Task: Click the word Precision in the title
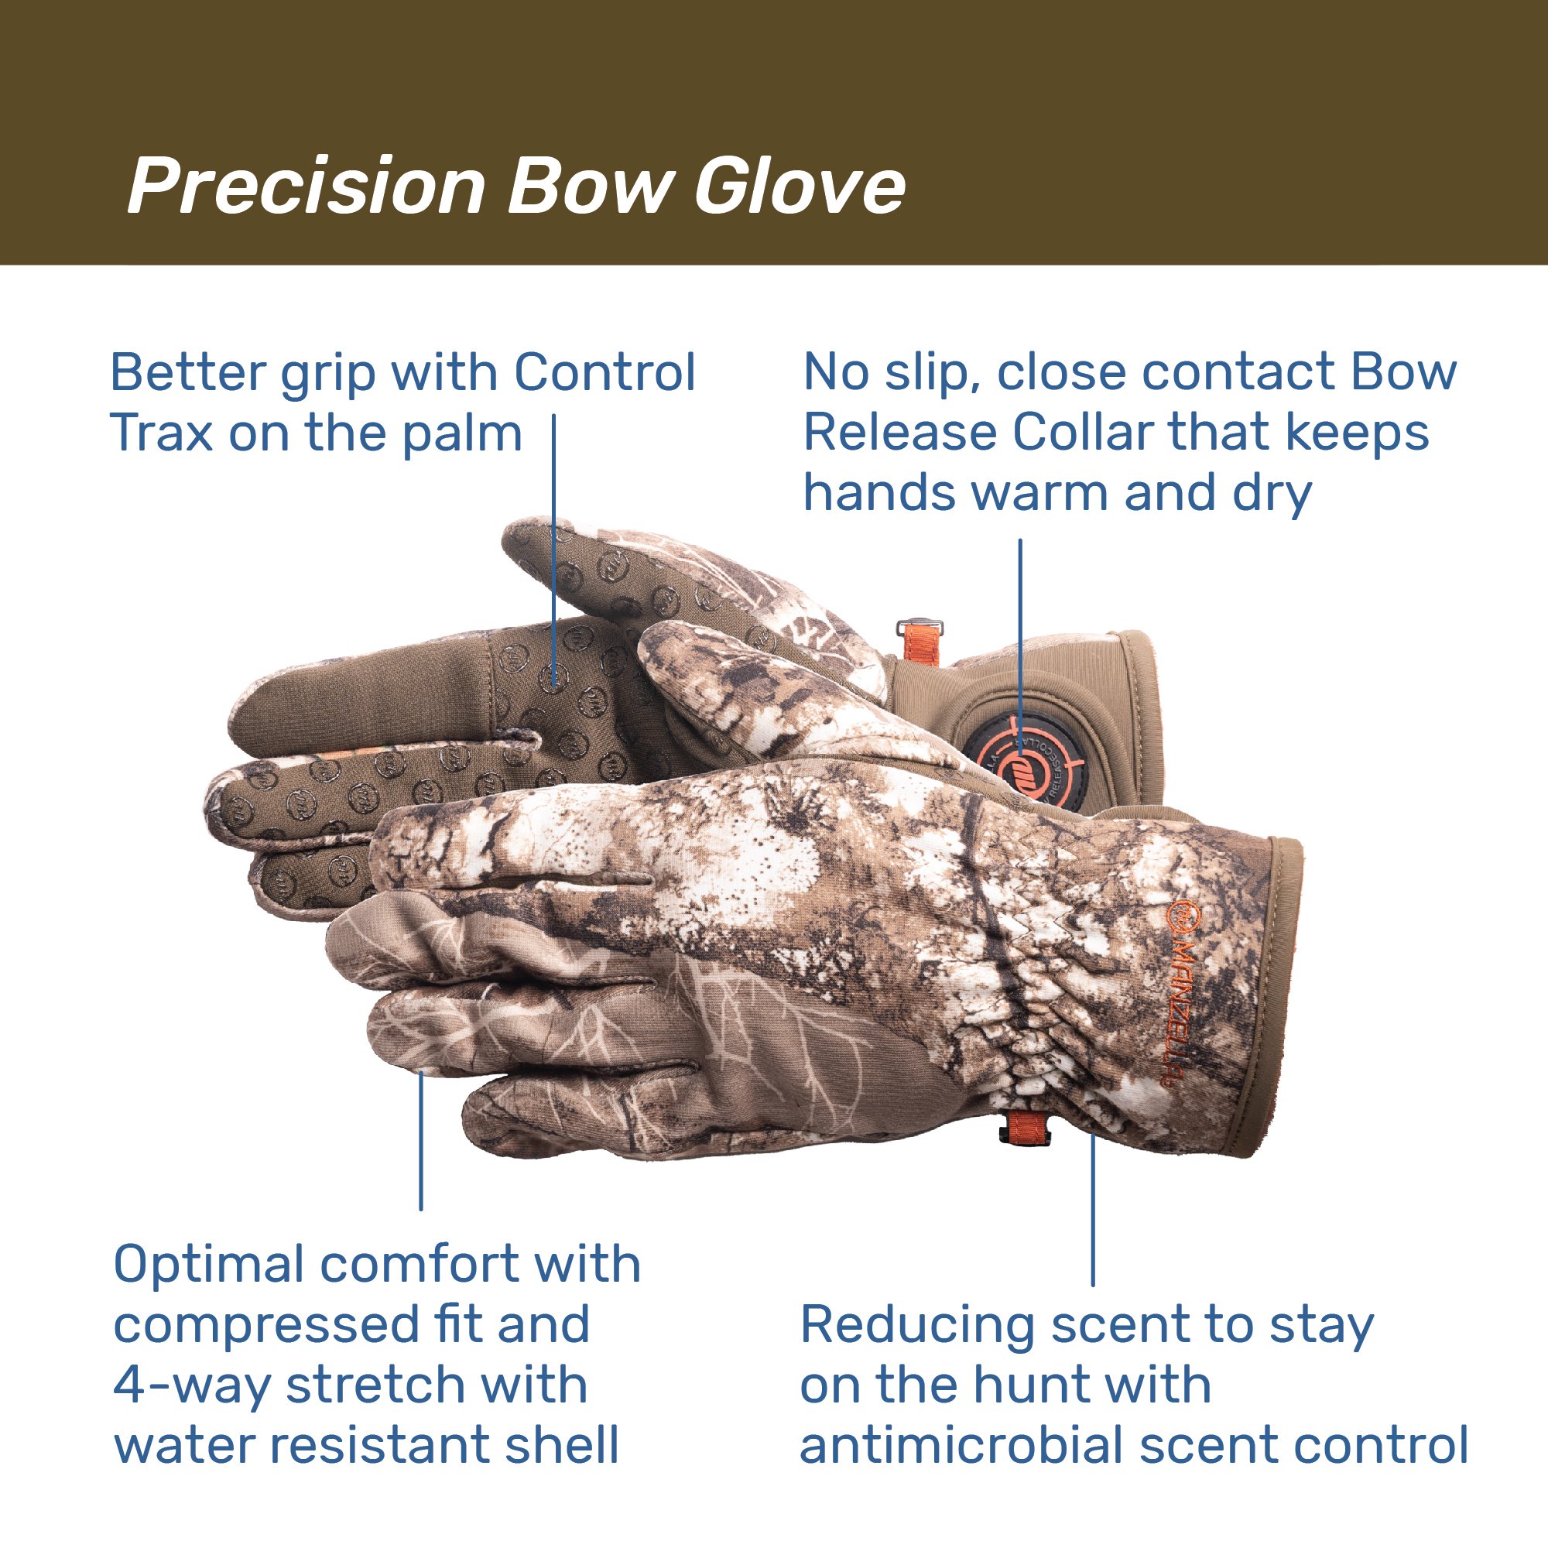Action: pos(307,186)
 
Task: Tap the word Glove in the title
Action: pos(800,186)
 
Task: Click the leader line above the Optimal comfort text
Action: pos(420,1139)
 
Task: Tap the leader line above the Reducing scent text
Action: pos(1092,1209)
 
